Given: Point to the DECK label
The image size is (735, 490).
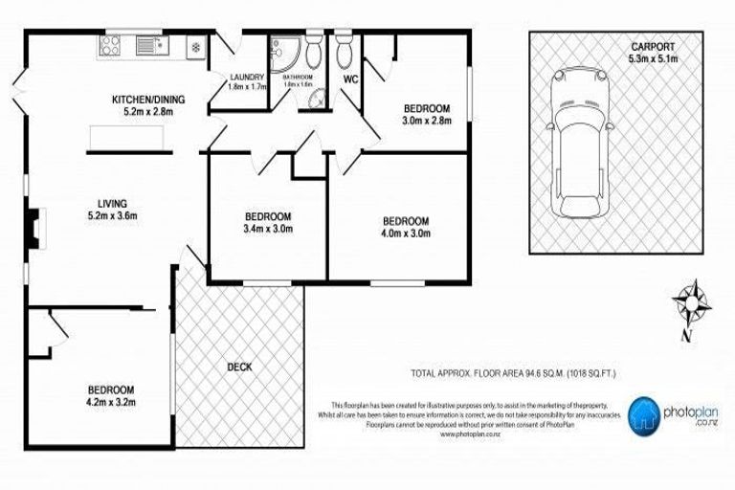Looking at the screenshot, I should pyautogui.click(x=239, y=366).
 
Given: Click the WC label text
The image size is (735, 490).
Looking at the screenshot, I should pyautogui.click(x=349, y=78).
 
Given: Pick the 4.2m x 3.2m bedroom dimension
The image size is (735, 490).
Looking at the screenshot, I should pyautogui.click(x=111, y=403).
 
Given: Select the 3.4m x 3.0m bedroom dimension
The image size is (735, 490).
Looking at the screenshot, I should pyautogui.click(x=267, y=230).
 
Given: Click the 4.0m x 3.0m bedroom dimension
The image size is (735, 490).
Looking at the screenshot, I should pyautogui.click(x=406, y=233).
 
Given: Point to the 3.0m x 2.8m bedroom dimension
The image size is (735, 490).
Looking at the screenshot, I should pyautogui.click(x=426, y=122).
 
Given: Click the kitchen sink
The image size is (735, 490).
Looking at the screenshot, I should pyautogui.click(x=147, y=44).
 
